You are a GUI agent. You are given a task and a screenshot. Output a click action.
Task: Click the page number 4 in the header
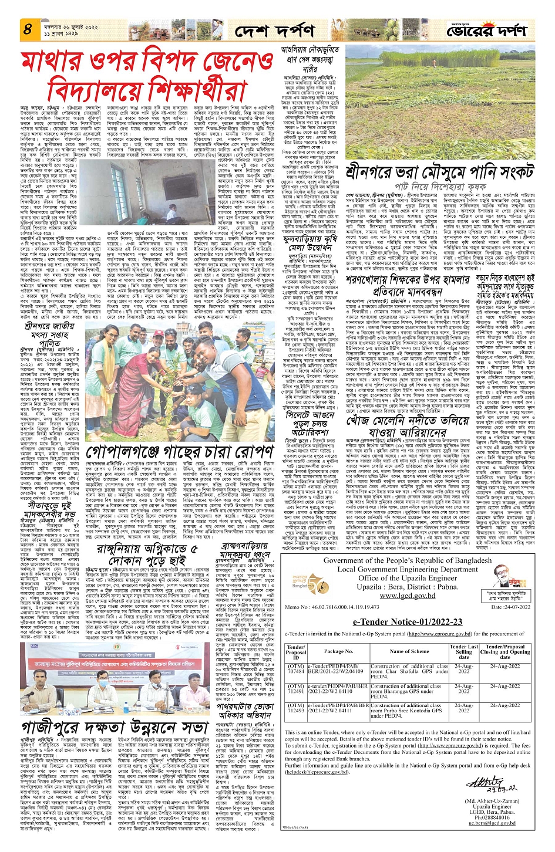tap(28, 28)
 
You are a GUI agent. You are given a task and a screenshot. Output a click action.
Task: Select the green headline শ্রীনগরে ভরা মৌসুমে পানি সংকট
tap(439, 174)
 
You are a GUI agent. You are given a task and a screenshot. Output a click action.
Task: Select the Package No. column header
tap(338, 651)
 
